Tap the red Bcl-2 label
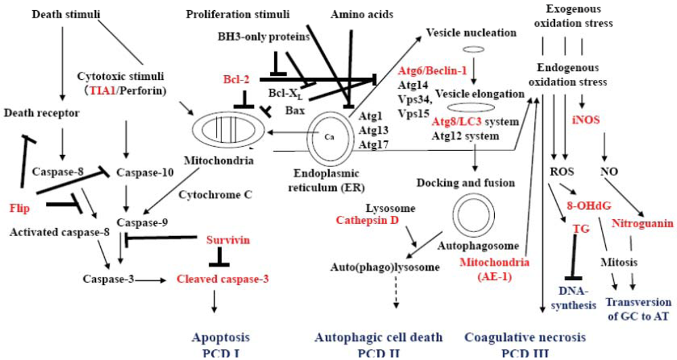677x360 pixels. (x=237, y=79)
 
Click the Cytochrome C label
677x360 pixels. (x=215, y=194)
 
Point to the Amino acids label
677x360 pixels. (x=360, y=14)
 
